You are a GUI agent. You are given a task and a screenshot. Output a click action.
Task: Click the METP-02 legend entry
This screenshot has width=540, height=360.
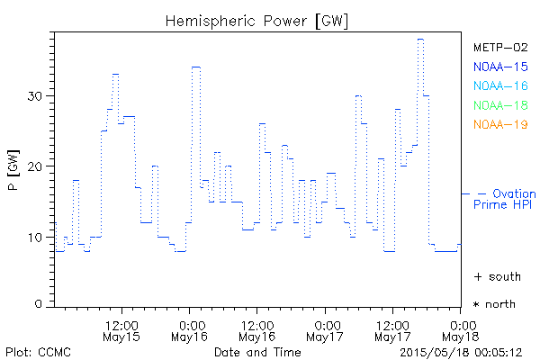499,46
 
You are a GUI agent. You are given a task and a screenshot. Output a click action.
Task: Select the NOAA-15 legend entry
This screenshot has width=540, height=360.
499,66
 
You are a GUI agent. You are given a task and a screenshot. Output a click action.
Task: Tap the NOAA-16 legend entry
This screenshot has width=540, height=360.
499,85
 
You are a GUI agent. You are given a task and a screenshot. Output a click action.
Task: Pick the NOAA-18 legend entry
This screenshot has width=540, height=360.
499,105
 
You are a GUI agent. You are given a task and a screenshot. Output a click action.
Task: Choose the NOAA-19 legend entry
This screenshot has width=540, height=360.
499,124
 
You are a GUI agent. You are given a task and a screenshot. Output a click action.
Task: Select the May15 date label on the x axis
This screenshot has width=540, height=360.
122,337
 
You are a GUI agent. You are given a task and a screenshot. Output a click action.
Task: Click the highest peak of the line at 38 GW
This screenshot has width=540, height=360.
420,39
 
